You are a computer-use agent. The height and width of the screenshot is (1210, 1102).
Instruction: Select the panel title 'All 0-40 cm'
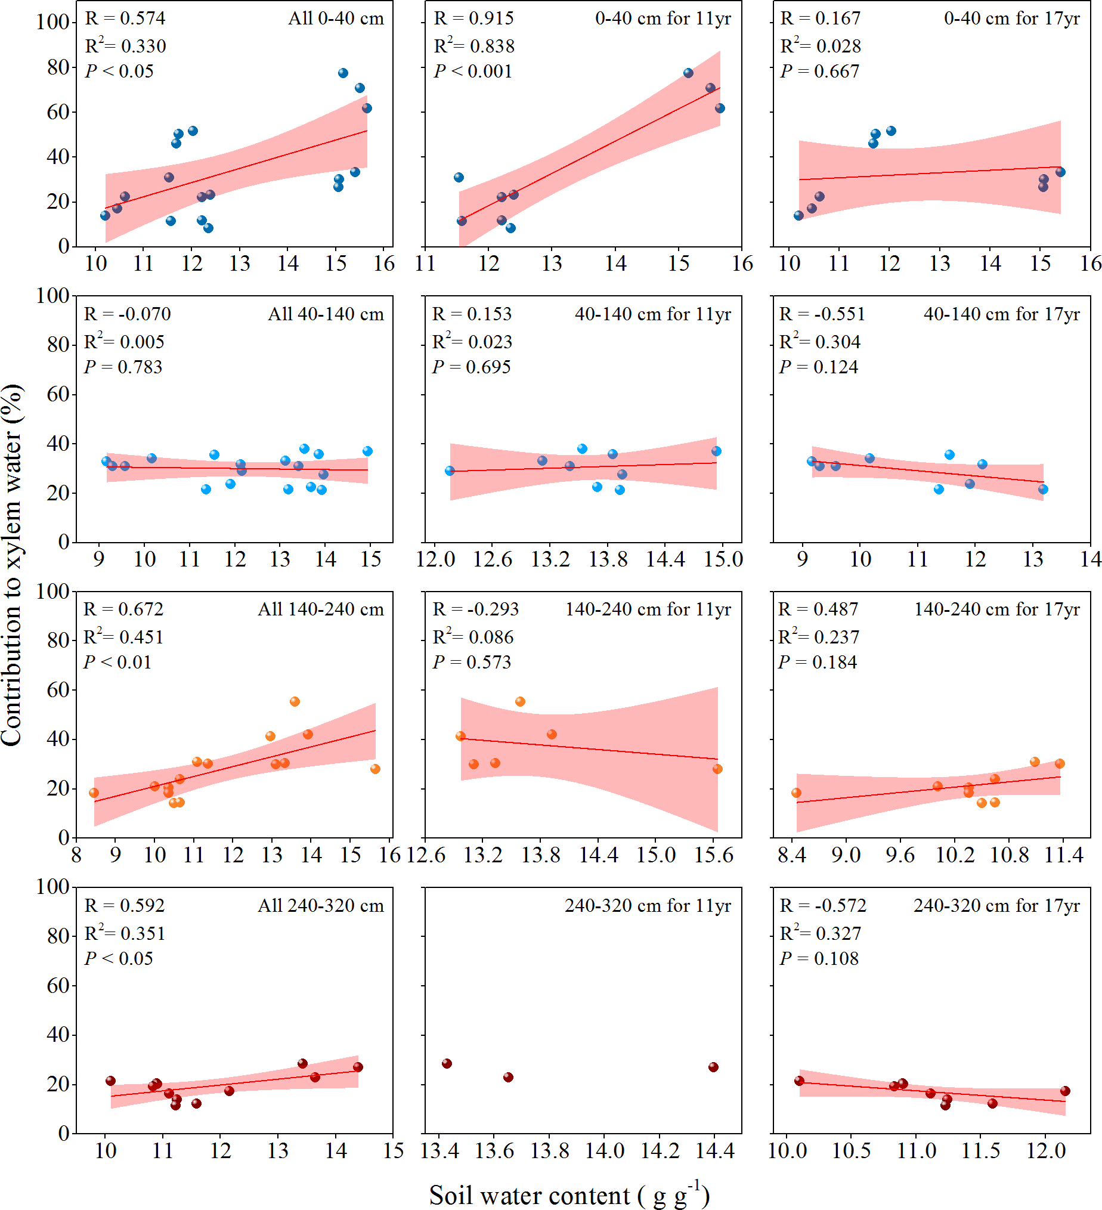[x=336, y=18]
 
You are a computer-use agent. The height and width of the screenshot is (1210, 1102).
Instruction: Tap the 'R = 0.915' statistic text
[x=473, y=18]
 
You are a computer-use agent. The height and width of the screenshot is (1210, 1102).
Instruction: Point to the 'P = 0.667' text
[x=819, y=72]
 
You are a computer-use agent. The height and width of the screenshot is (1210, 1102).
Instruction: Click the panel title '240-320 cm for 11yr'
[x=648, y=906]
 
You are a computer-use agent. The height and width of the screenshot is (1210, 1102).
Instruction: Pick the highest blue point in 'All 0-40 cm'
[x=343, y=73]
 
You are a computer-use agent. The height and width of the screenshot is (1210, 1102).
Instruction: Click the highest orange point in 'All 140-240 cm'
[x=295, y=702]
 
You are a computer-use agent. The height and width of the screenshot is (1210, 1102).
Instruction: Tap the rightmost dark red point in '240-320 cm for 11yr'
[x=713, y=1067]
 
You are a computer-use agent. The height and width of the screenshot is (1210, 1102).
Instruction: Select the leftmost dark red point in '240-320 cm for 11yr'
[x=447, y=1063]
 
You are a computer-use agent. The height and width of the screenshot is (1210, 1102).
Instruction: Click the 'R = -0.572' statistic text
[x=823, y=906]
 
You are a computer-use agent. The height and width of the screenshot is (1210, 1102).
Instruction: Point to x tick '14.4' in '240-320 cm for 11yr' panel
[x=714, y=1151]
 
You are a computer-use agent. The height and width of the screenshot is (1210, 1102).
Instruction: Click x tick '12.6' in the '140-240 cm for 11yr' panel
[x=426, y=855]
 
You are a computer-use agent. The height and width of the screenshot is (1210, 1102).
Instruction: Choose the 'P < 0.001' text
[x=473, y=72]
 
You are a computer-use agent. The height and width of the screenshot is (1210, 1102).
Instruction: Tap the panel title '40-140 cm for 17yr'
[x=1001, y=314]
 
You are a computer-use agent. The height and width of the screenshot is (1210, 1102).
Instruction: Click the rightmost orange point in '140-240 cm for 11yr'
[x=717, y=769]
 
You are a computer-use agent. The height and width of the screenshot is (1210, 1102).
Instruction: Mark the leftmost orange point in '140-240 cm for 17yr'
[x=797, y=793]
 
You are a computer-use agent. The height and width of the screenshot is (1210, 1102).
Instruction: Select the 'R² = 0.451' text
[x=123, y=637]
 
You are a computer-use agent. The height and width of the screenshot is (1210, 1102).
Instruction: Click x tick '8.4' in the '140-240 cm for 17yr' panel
[x=792, y=855]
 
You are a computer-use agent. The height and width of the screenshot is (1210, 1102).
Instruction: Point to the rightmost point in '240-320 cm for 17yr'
[x=1065, y=1091]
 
